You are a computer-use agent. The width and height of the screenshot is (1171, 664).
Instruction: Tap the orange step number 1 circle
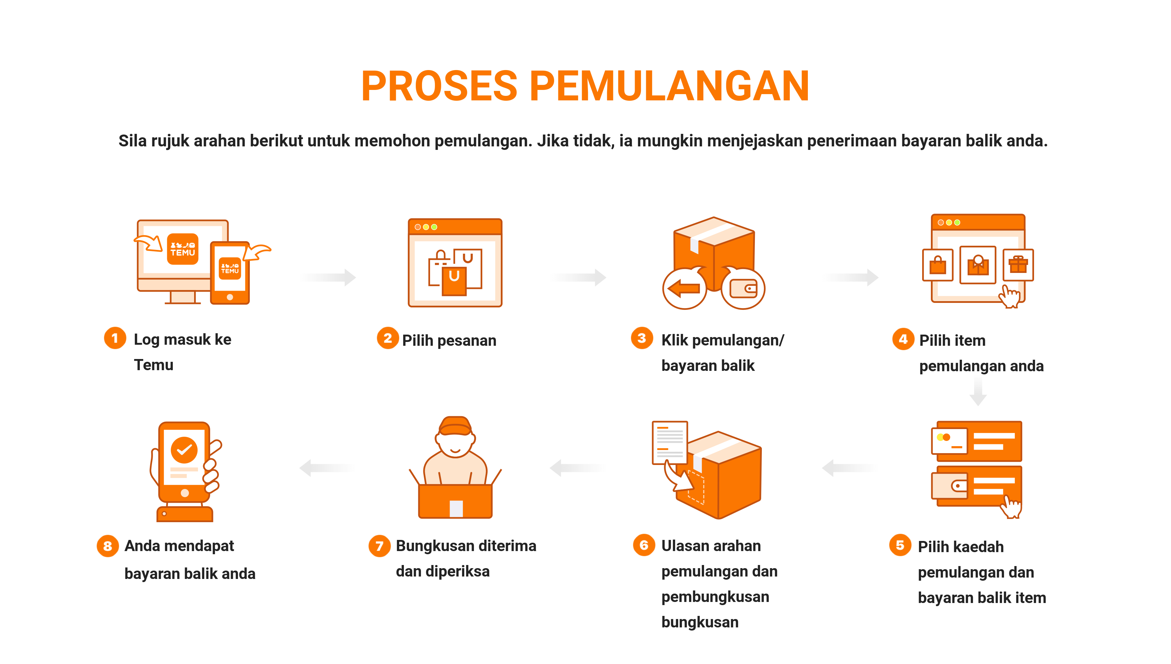pos(115,338)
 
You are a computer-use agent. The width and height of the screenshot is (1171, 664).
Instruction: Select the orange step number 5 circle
pos(900,545)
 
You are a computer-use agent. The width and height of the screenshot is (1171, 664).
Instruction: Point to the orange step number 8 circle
pos(108,546)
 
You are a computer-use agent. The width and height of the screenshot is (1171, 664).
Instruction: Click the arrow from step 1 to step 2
pos(328,277)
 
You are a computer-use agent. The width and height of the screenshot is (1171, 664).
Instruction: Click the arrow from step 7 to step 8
pos(327,468)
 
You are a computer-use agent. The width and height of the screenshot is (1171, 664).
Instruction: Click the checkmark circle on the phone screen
pos(184,450)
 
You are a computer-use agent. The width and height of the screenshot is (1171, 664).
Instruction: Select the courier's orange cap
pos(455,426)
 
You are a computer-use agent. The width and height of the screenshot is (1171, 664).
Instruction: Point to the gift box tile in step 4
pos(1018,265)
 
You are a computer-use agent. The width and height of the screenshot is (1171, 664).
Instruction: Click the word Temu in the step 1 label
pos(154,365)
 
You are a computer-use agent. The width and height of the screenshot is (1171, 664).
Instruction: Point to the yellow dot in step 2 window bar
pos(426,227)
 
